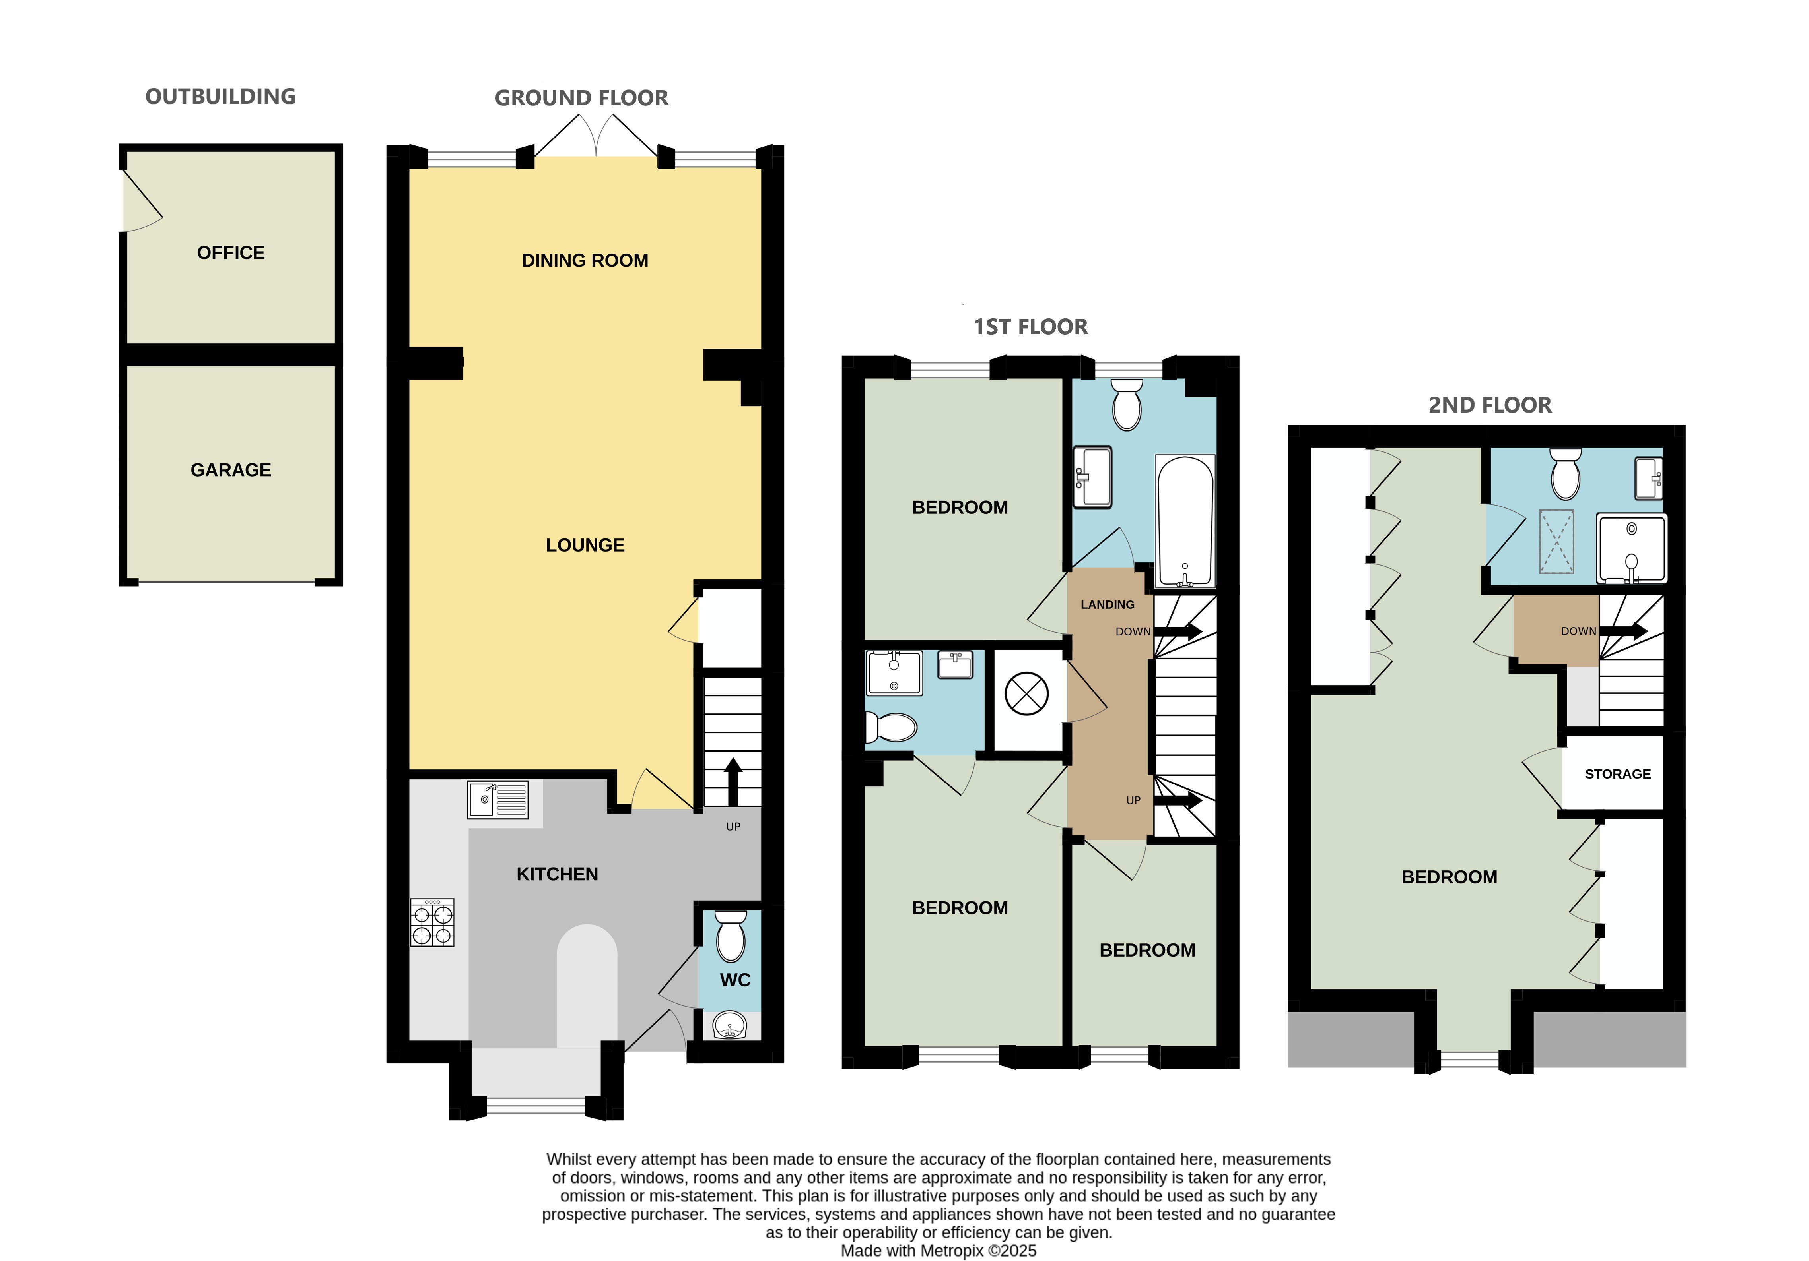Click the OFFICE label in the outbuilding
[231, 253]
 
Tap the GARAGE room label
[231, 470]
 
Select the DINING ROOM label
[585, 261]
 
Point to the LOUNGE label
[585, 545]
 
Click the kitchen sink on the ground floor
[498, 800]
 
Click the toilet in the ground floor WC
[731, 936]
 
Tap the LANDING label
[1108, 605]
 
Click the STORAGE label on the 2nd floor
[1618, 774]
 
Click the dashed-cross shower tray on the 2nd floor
[1557, 542]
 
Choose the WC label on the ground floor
[735, 980]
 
